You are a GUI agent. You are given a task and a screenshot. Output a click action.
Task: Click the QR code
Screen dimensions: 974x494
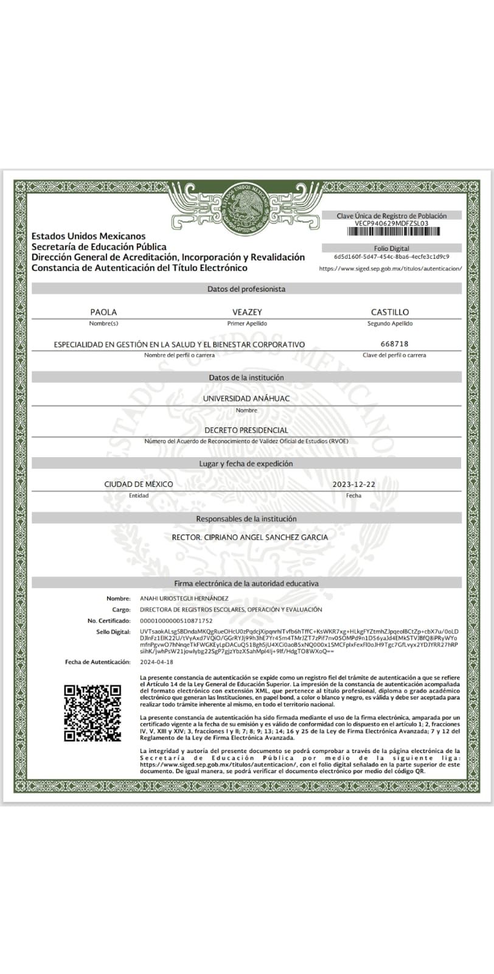[92, 713]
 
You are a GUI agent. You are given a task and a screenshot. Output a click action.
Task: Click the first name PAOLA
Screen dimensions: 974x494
[103, 312]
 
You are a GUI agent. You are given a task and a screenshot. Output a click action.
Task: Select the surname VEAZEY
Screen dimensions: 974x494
[247, 312]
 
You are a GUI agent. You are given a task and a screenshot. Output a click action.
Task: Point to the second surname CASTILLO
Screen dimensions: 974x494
[390, 312]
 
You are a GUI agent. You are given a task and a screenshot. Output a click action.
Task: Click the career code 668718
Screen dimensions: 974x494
[394, 344]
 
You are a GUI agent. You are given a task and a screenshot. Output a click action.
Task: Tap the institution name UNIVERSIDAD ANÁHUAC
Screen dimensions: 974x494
[246, 398]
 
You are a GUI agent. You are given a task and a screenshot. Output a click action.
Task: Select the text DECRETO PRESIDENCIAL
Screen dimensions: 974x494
[246, 430]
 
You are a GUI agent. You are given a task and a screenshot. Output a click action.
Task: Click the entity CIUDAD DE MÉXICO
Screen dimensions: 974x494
[139, 485]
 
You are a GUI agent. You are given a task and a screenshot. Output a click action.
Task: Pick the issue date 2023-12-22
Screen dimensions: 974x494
[354, 485]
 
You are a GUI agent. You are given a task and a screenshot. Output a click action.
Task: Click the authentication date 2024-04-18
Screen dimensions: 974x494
[156, 662]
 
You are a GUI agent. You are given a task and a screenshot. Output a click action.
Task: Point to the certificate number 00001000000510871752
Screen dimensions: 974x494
[176, 620]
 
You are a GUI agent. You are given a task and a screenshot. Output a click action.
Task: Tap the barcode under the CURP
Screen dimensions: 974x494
[392, 231]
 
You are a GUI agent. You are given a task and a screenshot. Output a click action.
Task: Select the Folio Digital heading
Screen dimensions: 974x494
[392, 248]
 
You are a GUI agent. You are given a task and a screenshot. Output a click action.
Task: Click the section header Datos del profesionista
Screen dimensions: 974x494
[246, 289]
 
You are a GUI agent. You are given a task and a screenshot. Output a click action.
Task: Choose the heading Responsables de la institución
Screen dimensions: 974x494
[246, 519]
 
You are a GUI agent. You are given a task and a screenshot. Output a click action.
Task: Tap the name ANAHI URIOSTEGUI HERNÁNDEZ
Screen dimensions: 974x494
[184, 598]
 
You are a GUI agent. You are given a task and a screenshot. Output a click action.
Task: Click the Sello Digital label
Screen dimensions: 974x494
[113, 632]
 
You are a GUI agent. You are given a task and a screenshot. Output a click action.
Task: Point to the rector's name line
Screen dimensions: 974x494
[250, 538]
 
